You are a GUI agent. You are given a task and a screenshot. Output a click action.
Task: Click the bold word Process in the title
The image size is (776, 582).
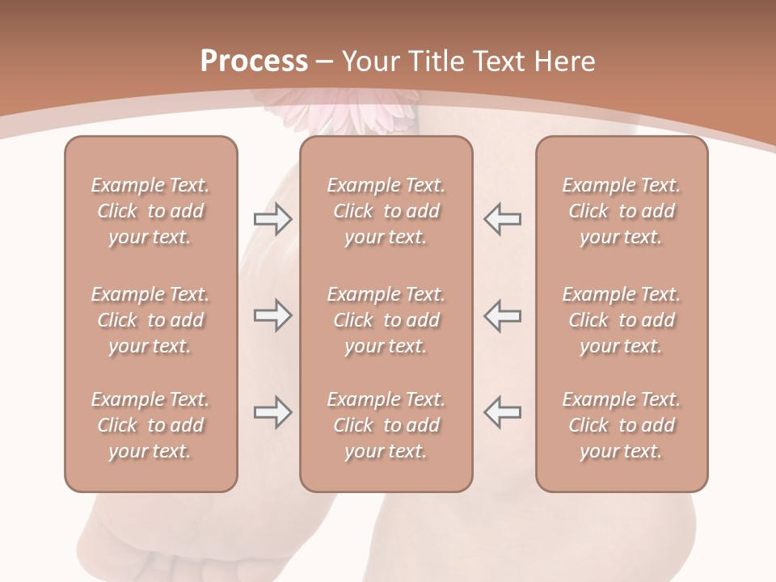[254, 61]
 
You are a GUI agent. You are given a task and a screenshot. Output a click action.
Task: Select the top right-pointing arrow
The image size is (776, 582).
[272, 219]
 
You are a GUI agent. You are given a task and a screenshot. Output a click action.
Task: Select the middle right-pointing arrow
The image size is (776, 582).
[272, 315]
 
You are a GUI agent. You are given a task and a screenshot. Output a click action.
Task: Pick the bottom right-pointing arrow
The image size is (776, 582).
[272, 412]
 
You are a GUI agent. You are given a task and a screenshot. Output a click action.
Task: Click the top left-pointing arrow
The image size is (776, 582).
[503, 219]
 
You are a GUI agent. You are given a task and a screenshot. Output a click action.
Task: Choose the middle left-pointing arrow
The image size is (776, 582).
[503, 315]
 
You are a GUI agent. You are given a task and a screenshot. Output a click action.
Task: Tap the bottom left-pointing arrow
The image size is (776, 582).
[503, 412]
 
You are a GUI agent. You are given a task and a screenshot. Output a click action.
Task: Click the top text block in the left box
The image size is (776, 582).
[150, 211]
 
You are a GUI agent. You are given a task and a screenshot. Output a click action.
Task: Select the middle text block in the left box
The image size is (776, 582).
[150, 320]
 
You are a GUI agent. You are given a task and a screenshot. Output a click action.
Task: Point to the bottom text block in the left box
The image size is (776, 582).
[150, 425]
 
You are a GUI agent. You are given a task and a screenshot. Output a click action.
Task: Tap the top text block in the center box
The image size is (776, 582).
[386, 211]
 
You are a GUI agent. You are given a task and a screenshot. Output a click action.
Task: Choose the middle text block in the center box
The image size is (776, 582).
[386, 320]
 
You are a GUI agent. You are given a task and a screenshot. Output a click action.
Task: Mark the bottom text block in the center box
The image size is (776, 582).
[386, 425]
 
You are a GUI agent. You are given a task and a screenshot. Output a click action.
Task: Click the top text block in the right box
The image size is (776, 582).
[622, 211]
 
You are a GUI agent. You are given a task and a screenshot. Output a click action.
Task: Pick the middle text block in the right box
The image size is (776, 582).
[622, 320]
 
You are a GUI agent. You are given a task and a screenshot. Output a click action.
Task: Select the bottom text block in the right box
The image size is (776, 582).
[622, 425]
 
